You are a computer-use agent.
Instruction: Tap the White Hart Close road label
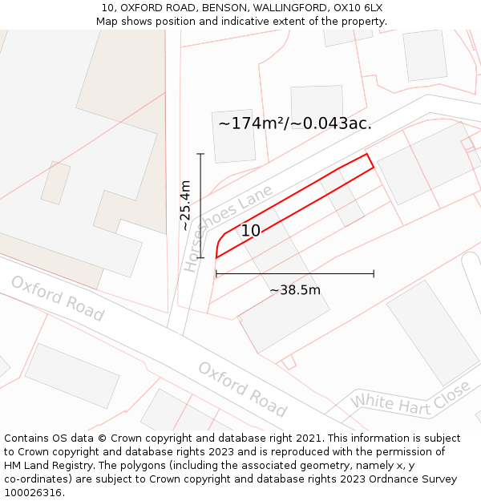[410, 398]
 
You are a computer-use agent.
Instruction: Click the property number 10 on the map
[250, 231]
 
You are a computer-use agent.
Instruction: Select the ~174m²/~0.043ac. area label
[295, 123]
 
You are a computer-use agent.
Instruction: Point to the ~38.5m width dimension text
[294, 290]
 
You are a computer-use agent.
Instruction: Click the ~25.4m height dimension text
[185, 205]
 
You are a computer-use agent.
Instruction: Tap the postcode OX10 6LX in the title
[357, 7]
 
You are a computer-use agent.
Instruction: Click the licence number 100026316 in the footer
[33, 493]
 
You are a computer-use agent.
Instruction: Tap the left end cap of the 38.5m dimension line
[216, 274]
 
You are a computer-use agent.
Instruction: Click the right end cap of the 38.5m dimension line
[374, 274]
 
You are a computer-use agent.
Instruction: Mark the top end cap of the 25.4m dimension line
[200, 154]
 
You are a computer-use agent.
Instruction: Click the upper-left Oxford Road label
[57, 299]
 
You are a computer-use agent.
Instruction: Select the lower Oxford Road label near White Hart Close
[242, 390]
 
